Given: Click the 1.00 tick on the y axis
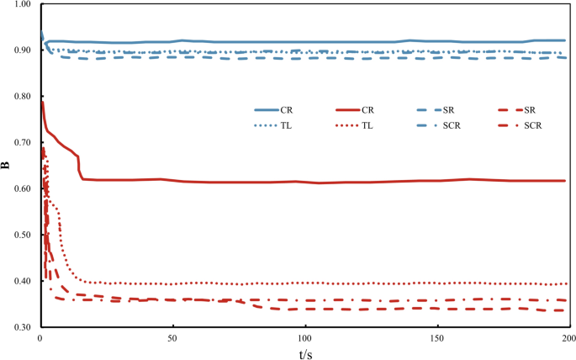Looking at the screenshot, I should (x=20, y=5).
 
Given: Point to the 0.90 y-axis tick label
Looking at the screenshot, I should (x=20, y=50).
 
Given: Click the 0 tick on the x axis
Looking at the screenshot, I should (x=40, y=338).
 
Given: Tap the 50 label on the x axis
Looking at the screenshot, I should (x=172, y=338).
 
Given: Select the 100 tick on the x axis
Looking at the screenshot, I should (x=304, y=338).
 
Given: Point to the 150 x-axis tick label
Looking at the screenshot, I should (x=436, y=338).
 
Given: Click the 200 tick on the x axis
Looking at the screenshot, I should (x=568, y=338).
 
